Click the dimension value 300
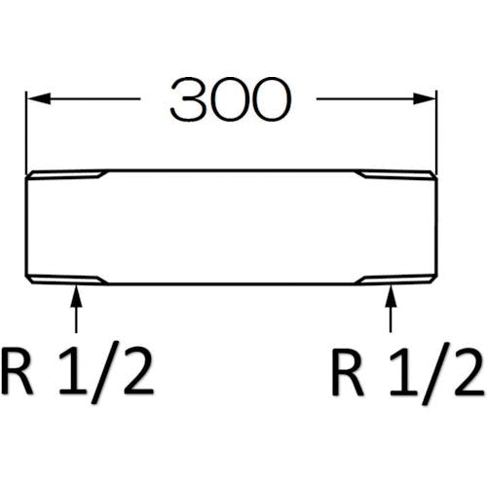point(231,99)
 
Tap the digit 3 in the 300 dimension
point(189,99)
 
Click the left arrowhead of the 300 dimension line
point(38,98)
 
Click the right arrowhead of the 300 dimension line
point(425,98)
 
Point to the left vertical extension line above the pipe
point(26,133)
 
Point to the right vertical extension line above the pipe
point(437,133)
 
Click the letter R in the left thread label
point(17,373)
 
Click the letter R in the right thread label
point(348,373)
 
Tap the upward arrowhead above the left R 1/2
point(76,295)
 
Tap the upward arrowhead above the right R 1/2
point(391,295)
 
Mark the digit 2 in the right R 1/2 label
point(468,373)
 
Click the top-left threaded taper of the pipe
point(66,174)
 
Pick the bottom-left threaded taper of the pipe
point(66,280)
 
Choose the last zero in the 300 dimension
point(272,99)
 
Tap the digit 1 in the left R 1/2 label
point(73,373)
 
